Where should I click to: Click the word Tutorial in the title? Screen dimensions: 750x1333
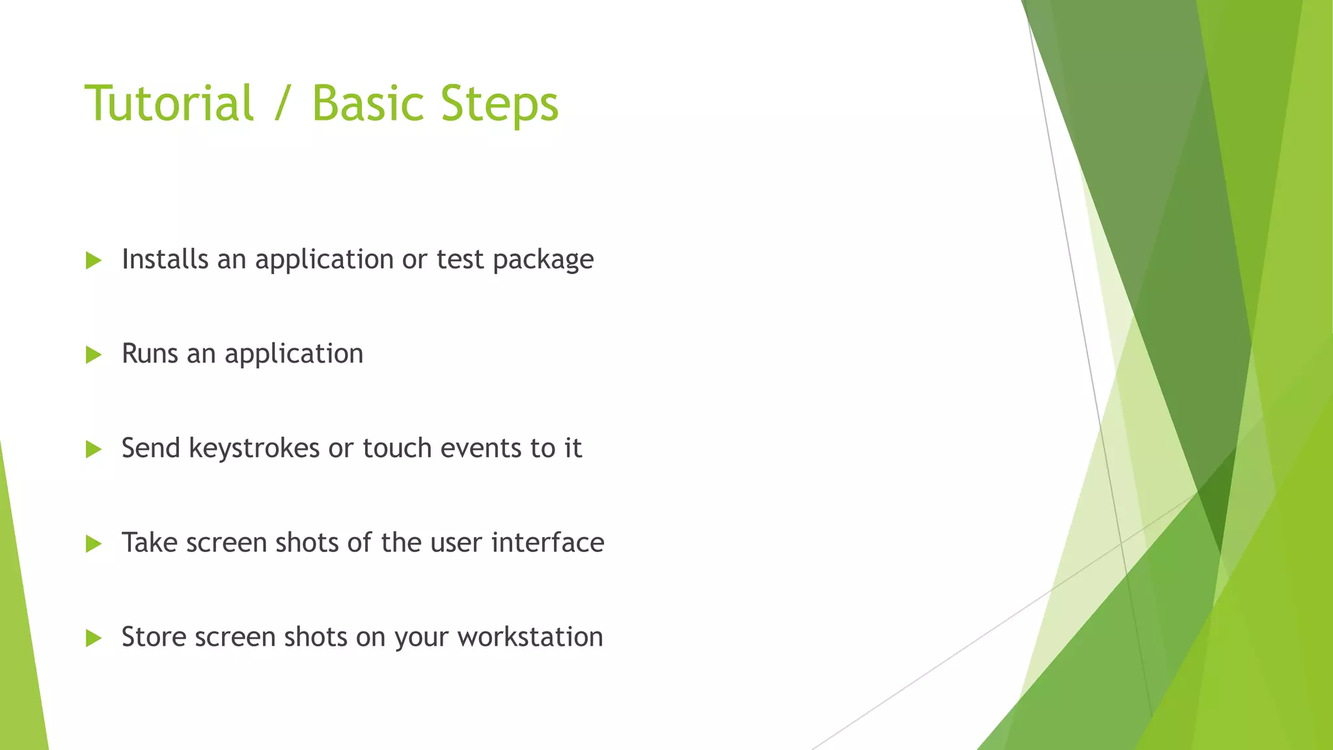tap(169, 104)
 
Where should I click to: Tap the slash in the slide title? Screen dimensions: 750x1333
tap(282, 104)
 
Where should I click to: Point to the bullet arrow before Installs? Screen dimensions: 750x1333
tap(93, 261)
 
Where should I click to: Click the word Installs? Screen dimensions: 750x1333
tap(165, 259)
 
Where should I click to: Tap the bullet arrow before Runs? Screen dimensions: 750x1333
tap(93, 355)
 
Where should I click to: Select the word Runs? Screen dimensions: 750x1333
tap(150, 354)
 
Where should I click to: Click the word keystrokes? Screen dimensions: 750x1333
tap(254, 448)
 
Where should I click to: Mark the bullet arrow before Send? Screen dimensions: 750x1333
tap(93, 449)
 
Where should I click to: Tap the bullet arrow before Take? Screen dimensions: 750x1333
tap(93, 544)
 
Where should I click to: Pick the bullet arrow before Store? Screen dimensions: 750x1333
tap(93, 638)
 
